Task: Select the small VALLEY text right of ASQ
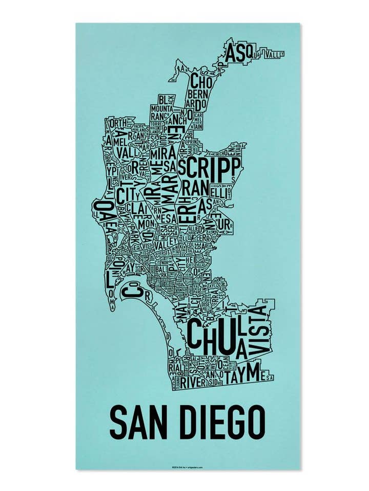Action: (x=273, y=53)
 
